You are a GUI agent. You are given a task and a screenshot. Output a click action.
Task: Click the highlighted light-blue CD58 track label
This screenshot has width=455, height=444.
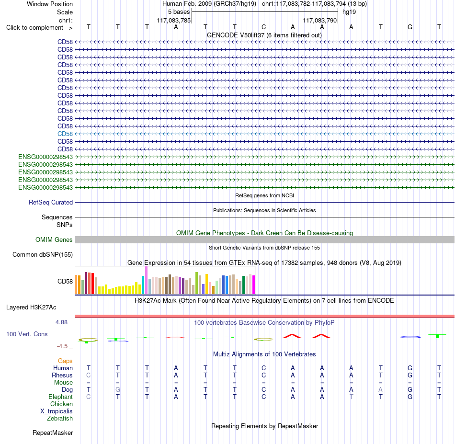(65, 134)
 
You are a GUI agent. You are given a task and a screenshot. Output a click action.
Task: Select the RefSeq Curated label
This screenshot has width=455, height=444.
(51, 202)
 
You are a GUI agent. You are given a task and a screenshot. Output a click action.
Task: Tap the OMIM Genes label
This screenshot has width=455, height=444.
(54, 239)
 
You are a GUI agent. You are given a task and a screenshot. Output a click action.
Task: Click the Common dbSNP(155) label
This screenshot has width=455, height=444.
(43, 254)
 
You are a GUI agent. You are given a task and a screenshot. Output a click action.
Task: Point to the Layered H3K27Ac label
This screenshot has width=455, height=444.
(31, 307)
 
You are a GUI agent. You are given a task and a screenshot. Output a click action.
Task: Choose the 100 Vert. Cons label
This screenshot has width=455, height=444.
(27, 334)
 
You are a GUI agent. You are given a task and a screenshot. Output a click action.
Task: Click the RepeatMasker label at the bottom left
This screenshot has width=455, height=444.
(53, 433)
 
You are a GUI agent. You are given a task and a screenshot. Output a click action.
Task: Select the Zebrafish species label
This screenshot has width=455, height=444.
(60, 418)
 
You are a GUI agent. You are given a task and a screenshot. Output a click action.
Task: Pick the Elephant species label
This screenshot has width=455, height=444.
(61, 397)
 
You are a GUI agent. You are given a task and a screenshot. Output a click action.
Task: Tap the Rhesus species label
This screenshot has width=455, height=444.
(62, 375)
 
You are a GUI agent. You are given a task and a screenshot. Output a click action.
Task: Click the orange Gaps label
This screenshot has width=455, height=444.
(65, 361)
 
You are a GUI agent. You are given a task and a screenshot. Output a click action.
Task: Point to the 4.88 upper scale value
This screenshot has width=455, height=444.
(61, 322)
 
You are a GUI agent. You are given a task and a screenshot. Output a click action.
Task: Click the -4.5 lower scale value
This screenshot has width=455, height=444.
(62, 346)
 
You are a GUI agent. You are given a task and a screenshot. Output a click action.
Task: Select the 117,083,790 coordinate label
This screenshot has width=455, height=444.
(320, 20)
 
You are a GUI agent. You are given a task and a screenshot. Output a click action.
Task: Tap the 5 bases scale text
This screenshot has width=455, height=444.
(179, 12)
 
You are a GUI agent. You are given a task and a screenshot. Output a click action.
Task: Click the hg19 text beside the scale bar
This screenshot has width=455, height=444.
(349, 12)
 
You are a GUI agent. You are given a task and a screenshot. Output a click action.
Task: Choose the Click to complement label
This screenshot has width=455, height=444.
(39, 28)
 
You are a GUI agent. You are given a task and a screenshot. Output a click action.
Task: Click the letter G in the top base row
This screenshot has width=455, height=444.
(409, 27)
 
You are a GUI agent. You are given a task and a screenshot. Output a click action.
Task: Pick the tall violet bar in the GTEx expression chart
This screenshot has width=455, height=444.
(146, 280)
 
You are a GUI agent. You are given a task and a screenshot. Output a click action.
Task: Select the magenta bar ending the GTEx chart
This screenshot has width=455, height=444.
(254, 285)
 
